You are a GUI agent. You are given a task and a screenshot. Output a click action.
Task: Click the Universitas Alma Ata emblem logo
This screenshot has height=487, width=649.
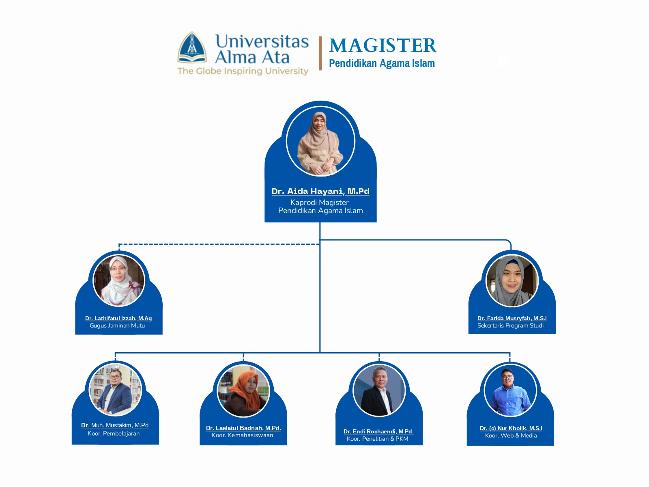click(x=192, y=48)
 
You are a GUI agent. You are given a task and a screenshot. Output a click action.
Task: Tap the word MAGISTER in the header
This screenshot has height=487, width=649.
click(x=383, y=45)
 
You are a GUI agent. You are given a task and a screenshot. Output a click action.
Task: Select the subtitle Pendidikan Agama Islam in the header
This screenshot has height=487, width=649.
click(x=382, y=64)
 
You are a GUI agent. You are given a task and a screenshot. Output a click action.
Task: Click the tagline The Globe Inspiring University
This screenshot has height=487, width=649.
click(x=243, y=71)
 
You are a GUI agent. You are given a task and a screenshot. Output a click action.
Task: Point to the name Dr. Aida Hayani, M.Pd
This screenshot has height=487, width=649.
click(x=320, y=191)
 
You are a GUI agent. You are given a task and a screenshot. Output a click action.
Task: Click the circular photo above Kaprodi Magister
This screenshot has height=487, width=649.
click(x=320, y=141)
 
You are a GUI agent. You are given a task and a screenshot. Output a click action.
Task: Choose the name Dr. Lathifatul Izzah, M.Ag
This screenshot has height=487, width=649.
click(x=118, y=318)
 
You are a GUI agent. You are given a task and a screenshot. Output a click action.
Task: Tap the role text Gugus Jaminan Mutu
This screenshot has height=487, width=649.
click(x=117, y=325)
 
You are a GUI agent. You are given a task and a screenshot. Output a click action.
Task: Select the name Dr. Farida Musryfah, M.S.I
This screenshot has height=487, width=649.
click(x=512, y=318)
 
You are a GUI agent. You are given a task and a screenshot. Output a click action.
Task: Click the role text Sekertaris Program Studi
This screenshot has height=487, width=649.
click(x=510, y=325)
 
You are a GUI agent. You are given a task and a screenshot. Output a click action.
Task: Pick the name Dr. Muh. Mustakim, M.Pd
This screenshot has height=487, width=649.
click(x=115, y=425)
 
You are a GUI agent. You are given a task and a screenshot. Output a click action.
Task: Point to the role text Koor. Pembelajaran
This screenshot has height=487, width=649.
click(x=114, y=433)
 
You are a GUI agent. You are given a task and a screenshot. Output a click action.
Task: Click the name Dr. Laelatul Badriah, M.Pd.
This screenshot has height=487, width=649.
click(x=243, y=428)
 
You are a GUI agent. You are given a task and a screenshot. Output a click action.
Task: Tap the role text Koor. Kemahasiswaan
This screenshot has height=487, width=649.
click(x=242, y=435)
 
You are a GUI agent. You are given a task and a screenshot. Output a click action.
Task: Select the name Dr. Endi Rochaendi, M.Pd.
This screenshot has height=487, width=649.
click(x=378, y=431)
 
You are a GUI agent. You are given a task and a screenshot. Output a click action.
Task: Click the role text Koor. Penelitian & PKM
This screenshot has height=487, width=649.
click(x=377, y=439)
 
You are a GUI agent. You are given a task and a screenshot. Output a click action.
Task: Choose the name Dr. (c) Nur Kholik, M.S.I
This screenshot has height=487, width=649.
click(x=511, y=428)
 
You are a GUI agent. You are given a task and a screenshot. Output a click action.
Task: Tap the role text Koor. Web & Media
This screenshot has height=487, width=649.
click(x=511, y=435)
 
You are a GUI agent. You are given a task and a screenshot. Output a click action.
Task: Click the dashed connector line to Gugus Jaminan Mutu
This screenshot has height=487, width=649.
click(x=219, y=244)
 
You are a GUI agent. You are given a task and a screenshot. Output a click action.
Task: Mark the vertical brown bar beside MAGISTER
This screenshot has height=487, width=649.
click(x=320, y=53)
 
